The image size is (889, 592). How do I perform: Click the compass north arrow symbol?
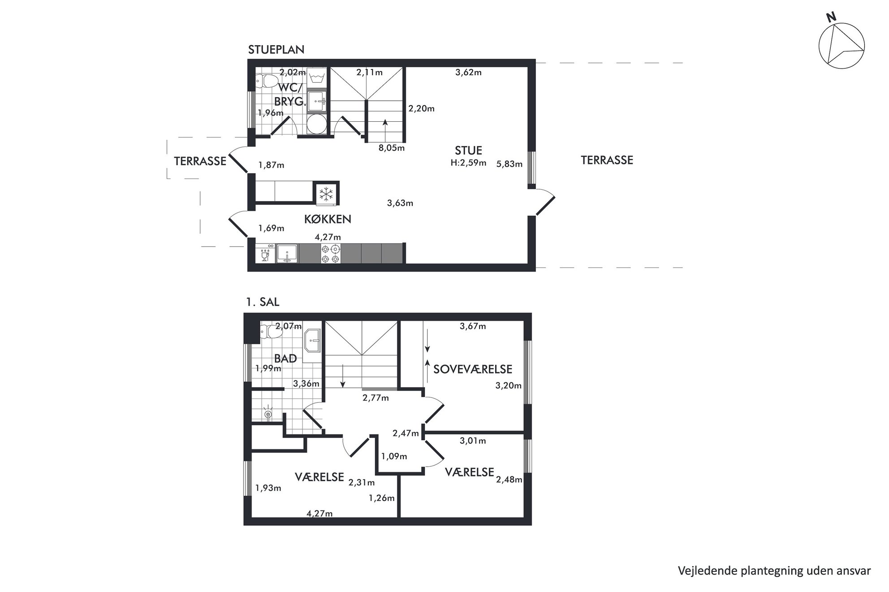coord(842,46)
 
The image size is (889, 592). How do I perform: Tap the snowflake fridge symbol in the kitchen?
coord(326,194)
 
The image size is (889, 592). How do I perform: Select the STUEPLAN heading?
coord(276,50)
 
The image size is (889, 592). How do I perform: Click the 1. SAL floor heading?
coord(263,302)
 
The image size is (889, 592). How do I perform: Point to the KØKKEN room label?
coord(328,219)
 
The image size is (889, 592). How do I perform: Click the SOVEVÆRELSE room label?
coord(472,369)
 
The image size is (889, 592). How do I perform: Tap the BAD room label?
coord(285,358)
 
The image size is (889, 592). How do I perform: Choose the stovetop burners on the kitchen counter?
coord(331,254)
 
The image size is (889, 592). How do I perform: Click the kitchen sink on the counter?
coord(287,254)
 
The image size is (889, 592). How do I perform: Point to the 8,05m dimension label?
coord(392,148)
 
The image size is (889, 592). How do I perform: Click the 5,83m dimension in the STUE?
coord(509,164)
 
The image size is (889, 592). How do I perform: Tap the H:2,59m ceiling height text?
coord(468,163)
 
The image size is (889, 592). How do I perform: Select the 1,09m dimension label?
coord(394,456)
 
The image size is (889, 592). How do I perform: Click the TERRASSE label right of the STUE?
coord(607,160)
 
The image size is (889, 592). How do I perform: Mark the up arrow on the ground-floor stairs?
coord(385,130)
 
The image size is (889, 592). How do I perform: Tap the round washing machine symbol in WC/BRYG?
coord(317,124)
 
